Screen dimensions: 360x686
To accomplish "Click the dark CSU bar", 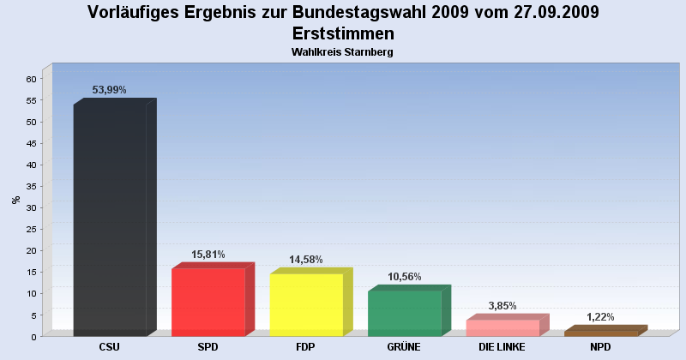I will pyautogui.click(x=110, y=220).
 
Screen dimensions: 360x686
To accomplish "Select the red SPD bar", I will pyautogui.click(x=208, y=302).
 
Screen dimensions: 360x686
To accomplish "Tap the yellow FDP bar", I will pyautogui.click(x=306, y=304).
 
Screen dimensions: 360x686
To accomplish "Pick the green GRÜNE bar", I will pyautogui.click(x=404, y=313).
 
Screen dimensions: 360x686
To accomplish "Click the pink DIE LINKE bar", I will pyautogui.click(x=502, y=327).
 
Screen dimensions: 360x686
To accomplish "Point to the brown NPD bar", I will pyautogui.click(x=600, y=333).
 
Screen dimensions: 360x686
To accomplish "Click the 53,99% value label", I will pyautogui.click(x=110, y=89).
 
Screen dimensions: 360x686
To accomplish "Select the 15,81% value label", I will pyautogui.click(x=208, y=255).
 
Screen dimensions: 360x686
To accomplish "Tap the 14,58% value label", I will pyautogui.click(x=306, y=260).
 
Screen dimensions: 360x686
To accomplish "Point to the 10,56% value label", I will pyautogui.click(x=404, y=277).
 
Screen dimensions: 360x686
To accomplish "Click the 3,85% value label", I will pyautogui.click(x=502, y=306).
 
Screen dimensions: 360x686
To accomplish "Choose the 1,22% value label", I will pyautogui.click(x=600, y=317).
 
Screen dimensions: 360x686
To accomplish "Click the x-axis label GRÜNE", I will pyautogui.click(x=404, y=347).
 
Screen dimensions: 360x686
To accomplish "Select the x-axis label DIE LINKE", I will pyautogui.click(x=502, y=347).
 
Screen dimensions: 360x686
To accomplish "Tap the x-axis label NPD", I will pyautogui.click(x=600, y=347).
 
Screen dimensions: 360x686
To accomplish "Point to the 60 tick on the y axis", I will pyautogui.click(x=31, y=79).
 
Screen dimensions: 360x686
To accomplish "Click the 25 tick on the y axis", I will pyautogui.click(x=31, y=229).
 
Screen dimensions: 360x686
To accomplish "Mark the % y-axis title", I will pyautogui.click(x=15, y=200).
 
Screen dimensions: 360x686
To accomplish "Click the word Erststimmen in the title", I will pyautogui.click(x=343, y=33).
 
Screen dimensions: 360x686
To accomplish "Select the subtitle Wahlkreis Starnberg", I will pyautogui.click(x=343, y=52).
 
